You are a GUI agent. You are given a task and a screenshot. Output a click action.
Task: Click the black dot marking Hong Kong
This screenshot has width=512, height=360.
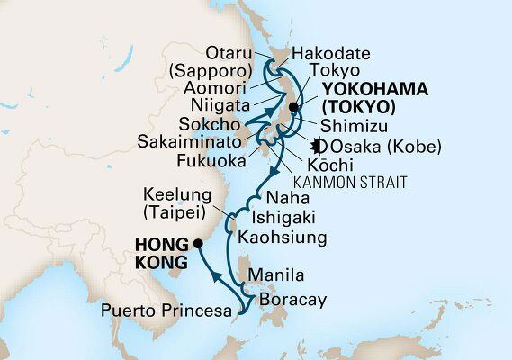coord(199,243)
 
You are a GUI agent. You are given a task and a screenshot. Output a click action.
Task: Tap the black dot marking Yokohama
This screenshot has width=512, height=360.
coord(293,107)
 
